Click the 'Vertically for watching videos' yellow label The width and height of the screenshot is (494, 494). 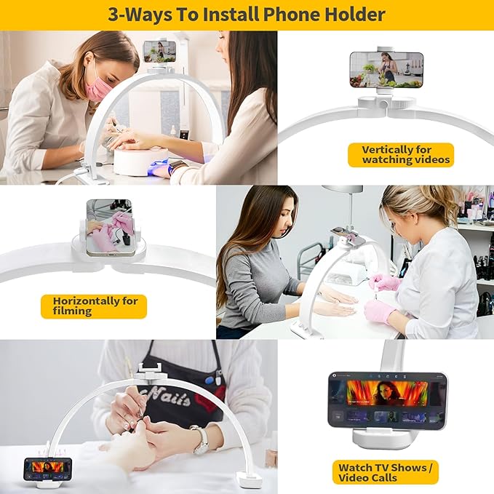click(x=401, y=155)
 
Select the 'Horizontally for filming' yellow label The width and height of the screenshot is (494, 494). click(x=94, y=306)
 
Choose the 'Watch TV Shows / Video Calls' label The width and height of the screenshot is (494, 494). click(x=386, y=472)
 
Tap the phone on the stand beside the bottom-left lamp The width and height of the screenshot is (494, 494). click(x=48, y=468)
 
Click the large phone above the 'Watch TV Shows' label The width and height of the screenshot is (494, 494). click(x=388, y=401)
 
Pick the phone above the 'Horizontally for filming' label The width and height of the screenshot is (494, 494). click(x=109, y=228)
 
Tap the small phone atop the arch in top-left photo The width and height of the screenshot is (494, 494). click(x=160, y=52)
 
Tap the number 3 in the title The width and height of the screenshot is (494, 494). click(x=113, y=15)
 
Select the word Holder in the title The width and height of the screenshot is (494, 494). click(x=355, y=15)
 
